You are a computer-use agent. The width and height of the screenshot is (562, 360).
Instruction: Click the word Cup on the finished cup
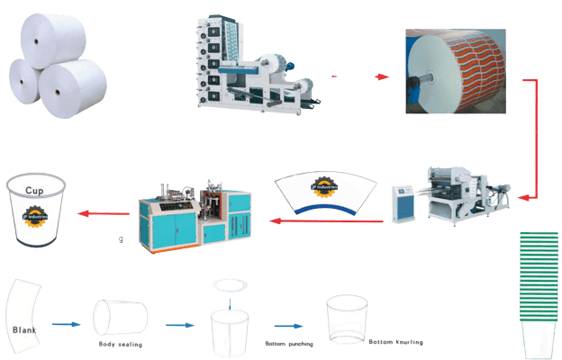pyautogui.click(x=34, y=192)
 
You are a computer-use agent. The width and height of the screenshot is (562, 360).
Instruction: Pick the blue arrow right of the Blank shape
pyautogui.click(x=66, y=322)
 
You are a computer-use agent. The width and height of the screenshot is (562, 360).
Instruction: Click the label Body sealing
pyautogui.click(x=120, y=344)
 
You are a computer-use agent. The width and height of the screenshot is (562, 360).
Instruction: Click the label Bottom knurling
pyautogui.click(x=396, y=342)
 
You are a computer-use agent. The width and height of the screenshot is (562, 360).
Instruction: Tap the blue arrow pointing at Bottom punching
pyautogui.click(x=287, y=327)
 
